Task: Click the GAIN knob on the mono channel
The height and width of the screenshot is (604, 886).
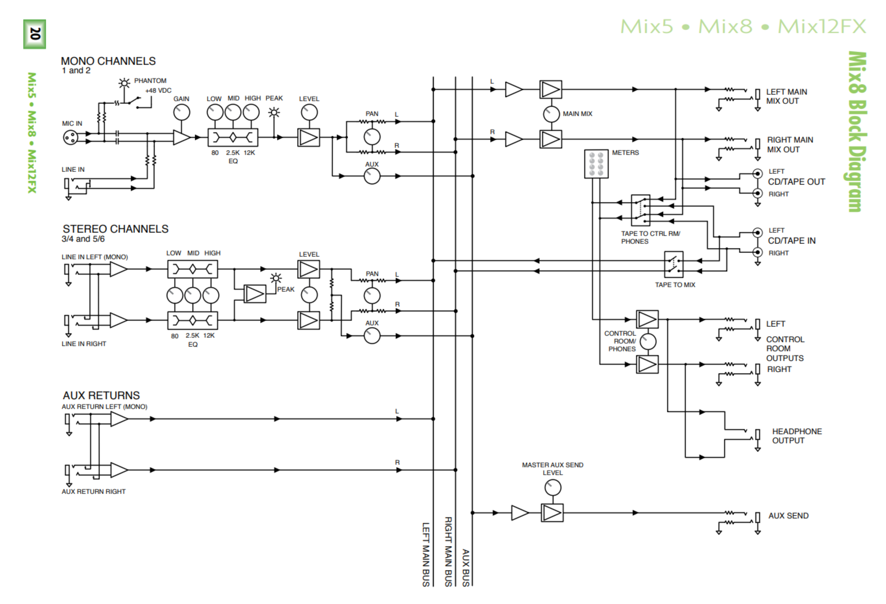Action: tap(181, 113)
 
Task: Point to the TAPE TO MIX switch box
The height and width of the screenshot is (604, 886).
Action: tap(674, 264)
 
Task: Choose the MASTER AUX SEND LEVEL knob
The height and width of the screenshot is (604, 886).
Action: tap(553, 488)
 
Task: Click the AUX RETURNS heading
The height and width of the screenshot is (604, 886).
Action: tap(101, 395)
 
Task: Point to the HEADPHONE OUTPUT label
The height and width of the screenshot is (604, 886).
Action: tap(797, 436)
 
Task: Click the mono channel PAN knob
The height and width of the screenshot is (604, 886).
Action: tap(372, 137)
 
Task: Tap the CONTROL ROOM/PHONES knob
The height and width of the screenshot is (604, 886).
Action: tap(648, 341)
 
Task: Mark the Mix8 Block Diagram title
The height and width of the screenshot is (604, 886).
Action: tap(858, 132)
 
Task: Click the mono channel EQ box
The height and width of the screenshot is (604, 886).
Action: tap(233, 137)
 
